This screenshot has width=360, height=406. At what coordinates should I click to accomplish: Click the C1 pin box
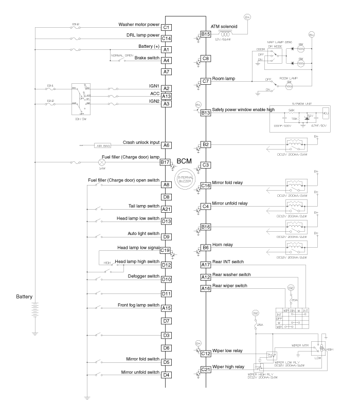coord(166,27)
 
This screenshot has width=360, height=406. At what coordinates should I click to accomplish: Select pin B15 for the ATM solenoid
coord(206,34)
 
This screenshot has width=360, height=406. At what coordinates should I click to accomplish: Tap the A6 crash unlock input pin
coord(166,145)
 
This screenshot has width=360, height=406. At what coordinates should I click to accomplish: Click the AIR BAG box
coord(103,146)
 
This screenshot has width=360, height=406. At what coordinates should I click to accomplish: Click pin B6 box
coord(206,247)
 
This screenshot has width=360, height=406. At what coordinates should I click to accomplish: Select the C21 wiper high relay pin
coord(206,370)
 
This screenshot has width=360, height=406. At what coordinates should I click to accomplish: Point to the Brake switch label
coord(146,58)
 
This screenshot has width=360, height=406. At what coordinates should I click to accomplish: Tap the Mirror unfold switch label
coord(140,372)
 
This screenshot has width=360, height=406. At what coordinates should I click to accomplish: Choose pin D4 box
coord(166,375)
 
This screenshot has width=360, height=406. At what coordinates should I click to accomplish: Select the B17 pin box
coord(165,162)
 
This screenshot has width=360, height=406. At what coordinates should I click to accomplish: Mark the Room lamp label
coord(224,79)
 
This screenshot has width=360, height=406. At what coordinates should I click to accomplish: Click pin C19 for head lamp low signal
coord(165,250)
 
